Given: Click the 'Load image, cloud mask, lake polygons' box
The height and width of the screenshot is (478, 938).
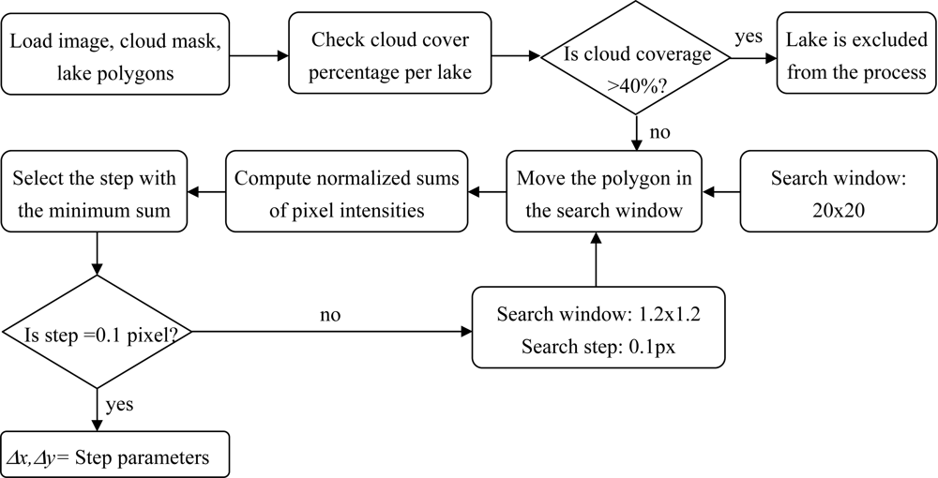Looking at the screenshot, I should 116,54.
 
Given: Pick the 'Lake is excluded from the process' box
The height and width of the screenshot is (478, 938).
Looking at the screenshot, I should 856,54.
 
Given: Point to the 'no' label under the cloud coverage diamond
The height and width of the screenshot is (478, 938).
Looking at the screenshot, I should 659,132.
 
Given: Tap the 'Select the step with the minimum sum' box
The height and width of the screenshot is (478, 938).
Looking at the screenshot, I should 94,193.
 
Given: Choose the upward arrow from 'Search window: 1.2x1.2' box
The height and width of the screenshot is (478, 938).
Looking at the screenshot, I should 595,262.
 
